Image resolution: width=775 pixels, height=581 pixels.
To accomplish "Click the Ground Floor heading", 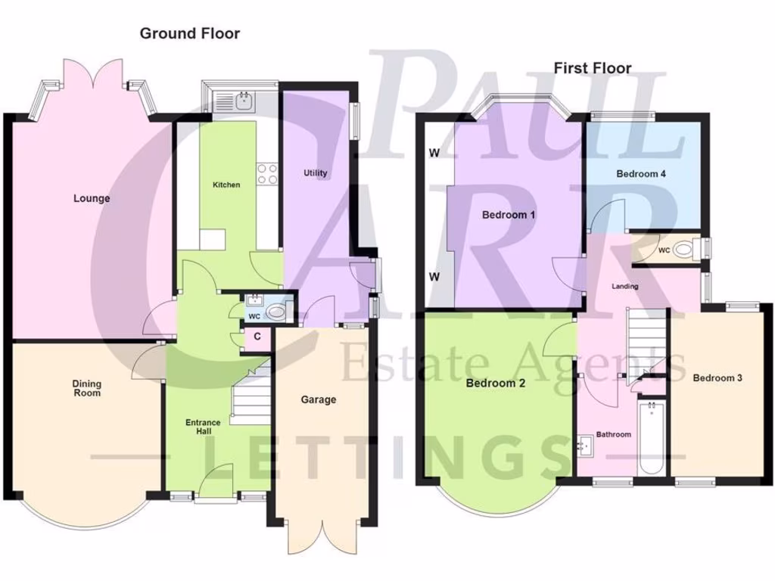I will tap(190, 33).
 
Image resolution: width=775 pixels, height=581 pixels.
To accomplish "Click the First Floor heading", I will tap(593, 68).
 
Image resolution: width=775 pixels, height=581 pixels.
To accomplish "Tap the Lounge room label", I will tap(92, 199).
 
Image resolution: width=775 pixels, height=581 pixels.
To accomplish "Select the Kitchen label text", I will tap(226, 185).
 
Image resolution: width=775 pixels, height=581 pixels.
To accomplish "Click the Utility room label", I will tap(316, 173).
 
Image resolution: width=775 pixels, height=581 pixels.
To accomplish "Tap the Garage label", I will tap(318, 399).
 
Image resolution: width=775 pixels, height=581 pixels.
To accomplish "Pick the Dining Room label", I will tap(87, 388).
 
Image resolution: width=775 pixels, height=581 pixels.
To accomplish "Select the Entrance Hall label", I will tap(203, 427).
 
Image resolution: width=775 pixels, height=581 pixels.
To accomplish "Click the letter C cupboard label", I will tap(258, 336).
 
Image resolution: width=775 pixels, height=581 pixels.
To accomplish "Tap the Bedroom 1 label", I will tap(509, 215).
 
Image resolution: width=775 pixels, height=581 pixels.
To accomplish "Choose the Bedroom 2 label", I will tap(496, 384).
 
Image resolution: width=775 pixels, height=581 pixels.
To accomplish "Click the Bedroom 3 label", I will tap(717, 378).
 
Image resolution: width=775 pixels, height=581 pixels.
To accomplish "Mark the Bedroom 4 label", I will tap(641, 174).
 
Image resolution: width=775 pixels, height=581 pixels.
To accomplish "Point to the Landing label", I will tap(625, 287).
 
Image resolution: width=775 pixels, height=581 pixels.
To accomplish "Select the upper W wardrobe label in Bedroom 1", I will tap(434, 154).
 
